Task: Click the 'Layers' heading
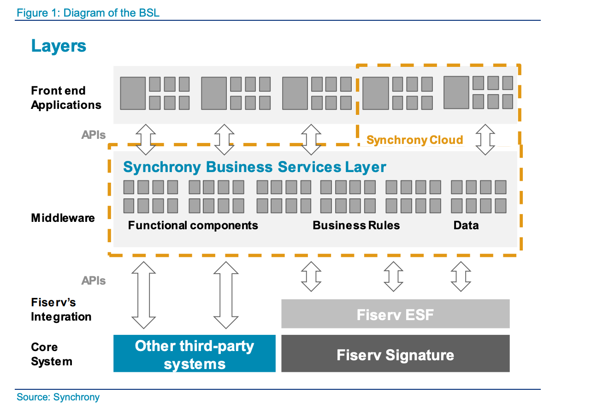click(x=59, y=46)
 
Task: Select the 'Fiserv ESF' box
click(x=395, y=315)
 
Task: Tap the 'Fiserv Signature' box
click(x=395, y=355)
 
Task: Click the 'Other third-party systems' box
click(x=194, y=354)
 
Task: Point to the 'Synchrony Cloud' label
click(x=414, y=140)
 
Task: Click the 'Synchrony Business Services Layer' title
click(x=254, y=167)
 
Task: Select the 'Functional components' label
click(x=193, y=225)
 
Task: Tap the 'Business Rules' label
click(x=356, y=225)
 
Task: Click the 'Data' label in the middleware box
click(x=466, y=225)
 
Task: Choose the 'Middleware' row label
click(x=63, y=218)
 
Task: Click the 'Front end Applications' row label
click(x=66, y=98)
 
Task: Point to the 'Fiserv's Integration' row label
click(x=61, y=310)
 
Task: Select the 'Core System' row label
click(x=51, y=354)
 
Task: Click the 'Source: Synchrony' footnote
click(x=58, y=397)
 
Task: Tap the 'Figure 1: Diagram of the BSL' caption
click(x=88, y=12)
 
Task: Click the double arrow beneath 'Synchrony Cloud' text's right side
click(x=485, y=139)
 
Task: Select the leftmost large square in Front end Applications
click(x=133, y=93)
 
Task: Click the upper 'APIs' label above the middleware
click(x=94, y=135)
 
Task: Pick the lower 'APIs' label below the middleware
click(x=94, y=280)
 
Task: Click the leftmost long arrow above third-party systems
click(x=144, y=295)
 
